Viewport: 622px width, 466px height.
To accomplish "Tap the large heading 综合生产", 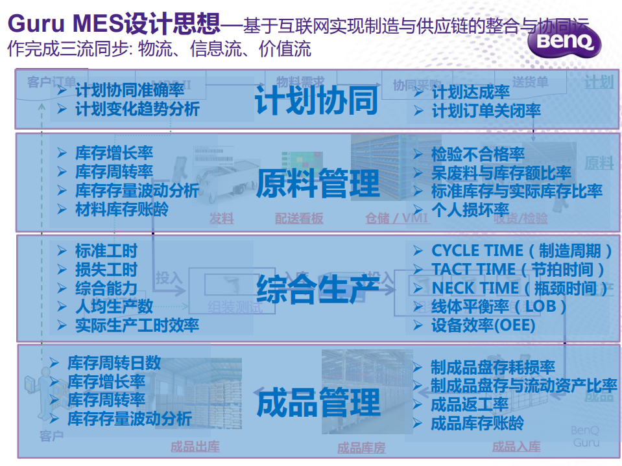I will coord(318,288).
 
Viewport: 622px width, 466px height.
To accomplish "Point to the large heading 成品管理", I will coord(318,402).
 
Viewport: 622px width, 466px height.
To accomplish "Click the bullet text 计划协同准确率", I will coord(130,91).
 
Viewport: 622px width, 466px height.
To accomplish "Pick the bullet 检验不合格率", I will coord(477,154).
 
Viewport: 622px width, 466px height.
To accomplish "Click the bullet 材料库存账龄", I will coord(121,209).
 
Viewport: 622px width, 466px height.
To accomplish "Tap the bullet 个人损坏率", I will coord(470,209).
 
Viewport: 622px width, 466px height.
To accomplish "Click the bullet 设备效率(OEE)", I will coord(483,325).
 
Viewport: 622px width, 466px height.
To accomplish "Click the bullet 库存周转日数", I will coord(114,363).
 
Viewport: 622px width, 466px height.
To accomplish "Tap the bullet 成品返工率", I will coord(470,405).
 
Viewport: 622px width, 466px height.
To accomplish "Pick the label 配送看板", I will coord(298,219).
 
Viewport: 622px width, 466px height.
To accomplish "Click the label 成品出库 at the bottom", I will coord(195,447).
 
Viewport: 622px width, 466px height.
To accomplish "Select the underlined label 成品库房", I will coord(361,448).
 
